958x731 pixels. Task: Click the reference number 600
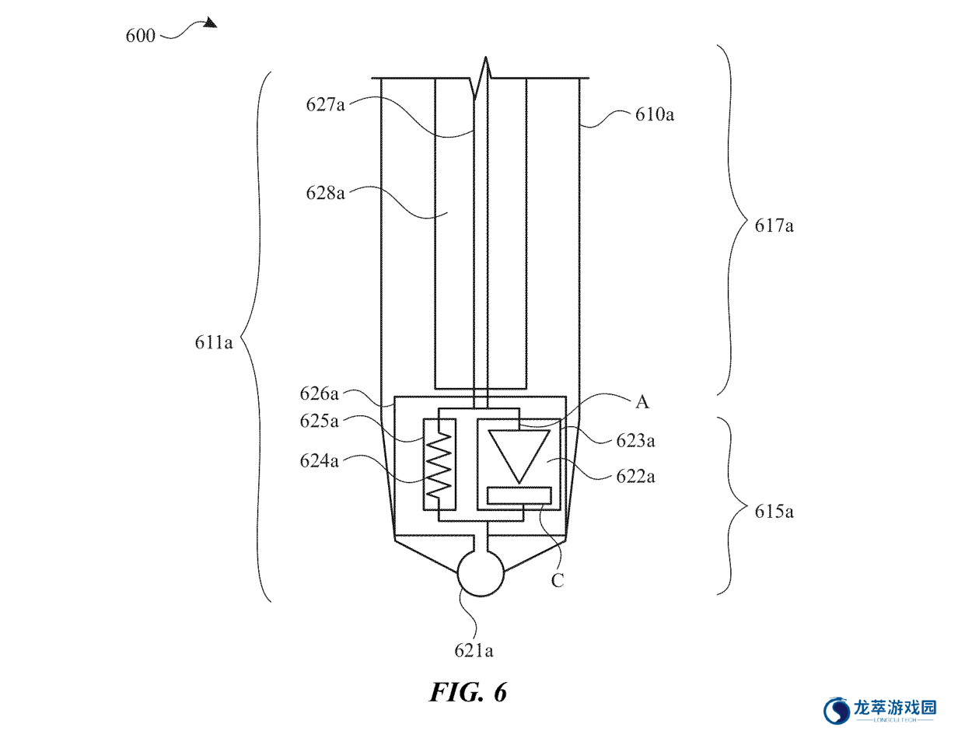[x=140, y=36]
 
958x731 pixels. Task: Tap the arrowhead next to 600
[x=210, y=23]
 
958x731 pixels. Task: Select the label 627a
[x=325, y=105]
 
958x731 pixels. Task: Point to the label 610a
[x=654, y=114]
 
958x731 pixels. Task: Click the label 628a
[x=325, y=193]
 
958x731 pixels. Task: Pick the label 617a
[x=774, y=226]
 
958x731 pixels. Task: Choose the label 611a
[x=214, y=342]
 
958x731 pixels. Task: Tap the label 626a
[x=319, y=393]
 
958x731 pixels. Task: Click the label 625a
[x=319, y=421]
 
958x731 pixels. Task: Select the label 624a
[x=319, y=461]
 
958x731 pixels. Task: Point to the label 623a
[x=635, y=441]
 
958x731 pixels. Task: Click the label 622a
[x=635, y=477]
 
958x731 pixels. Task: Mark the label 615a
[x=774, y=512]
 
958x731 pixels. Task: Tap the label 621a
[x=474, y=651]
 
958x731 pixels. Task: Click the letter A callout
[x=642, y=402]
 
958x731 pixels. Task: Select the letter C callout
[x=558, y=580]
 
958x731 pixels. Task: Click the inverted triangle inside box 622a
[x=519, y=456]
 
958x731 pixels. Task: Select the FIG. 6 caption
[x=468, y=691]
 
